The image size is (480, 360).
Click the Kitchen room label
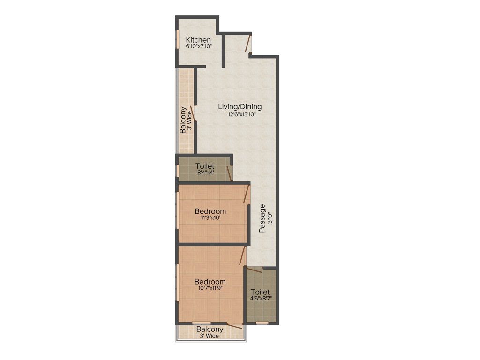(x=198, y=40)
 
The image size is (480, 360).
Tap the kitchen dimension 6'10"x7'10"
(x=198, y=46)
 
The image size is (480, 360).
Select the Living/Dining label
(x=240, y=107)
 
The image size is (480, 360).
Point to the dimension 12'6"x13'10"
(x=240, y=114)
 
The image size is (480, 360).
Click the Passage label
(x=262, y=218)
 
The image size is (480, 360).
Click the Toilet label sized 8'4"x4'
(x=205, y=166)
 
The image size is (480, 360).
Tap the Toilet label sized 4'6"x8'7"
(x=260, y=292)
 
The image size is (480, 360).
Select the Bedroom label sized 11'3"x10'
(x=210, y=211)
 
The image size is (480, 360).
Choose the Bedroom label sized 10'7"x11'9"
(x=210, y=282)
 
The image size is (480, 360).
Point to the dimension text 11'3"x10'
(x=210, y=218)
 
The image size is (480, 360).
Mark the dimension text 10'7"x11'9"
(x=210, y=288)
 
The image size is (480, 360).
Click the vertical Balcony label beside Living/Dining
(x=183, y=121)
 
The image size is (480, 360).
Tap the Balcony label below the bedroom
(x=210, y=329)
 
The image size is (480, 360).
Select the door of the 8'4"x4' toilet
(x=229, y=173)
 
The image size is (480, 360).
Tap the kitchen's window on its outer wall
(x=178, y=39)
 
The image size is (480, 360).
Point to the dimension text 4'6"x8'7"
(x=260, y=299)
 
